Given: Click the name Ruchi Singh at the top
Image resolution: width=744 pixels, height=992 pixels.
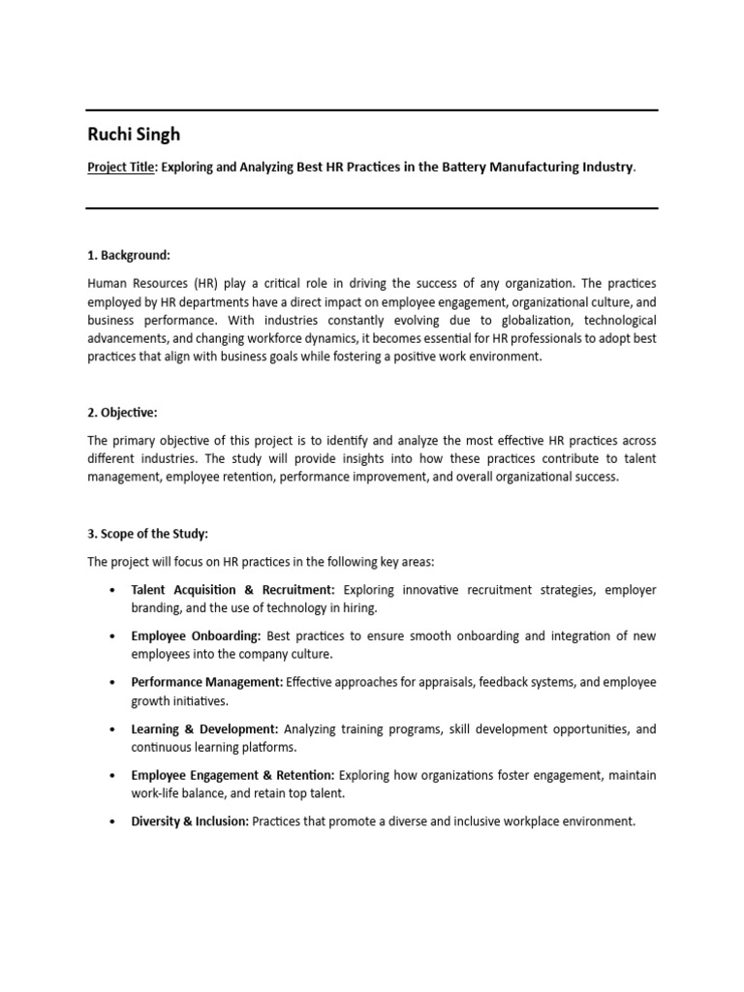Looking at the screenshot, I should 134,135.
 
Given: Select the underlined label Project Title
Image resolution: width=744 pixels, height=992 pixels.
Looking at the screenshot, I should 120,167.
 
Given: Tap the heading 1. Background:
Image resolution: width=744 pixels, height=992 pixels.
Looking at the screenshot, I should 129,255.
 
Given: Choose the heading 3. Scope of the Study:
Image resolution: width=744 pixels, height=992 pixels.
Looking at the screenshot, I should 147,534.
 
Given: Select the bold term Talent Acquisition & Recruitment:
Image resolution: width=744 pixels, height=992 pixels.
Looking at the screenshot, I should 232,590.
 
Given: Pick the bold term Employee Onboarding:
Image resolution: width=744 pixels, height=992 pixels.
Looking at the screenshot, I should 196,636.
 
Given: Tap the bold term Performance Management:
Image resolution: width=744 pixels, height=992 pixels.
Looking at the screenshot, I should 207,683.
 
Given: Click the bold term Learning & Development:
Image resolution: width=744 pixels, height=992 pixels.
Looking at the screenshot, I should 204,729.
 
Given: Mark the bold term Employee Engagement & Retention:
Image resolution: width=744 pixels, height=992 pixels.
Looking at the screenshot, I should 232,776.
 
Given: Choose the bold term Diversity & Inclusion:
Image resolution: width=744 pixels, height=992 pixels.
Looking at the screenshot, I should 190,821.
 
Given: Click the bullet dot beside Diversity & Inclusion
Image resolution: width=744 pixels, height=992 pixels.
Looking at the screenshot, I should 113,822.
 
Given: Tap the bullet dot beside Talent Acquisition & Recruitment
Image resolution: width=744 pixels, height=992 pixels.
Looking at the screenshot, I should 113,591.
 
